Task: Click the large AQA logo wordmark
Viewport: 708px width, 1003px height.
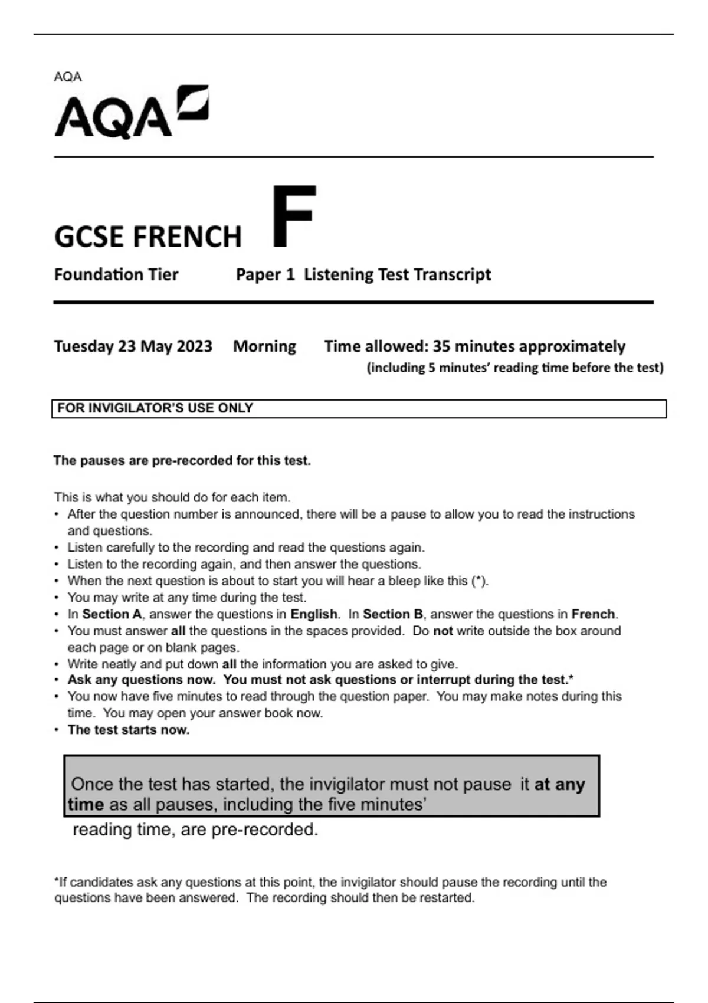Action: click(x=113, y=117)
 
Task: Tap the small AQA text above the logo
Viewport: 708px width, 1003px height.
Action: click(x=68, y=77)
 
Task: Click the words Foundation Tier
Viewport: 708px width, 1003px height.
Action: click(x=116, y=274)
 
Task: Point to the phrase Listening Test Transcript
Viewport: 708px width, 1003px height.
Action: click(x=397, y=274)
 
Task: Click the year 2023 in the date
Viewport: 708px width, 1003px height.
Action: click(x=194, y=346)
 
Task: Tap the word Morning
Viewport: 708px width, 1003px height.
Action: click(x=264, y=346)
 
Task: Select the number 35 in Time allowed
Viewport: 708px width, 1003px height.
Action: click(x=441, y=346)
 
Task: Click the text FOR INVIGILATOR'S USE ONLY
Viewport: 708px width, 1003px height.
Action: click(x=155, y=408)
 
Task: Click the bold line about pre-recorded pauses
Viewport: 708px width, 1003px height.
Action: click(x=182, y=460)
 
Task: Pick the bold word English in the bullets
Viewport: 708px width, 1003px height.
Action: click(x=314, y=614)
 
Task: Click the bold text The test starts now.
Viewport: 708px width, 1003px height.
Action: click(x=129, y=730)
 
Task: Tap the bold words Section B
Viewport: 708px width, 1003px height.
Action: click(x=392, y=614)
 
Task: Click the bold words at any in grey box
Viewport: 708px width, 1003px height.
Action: click(x=559, y=784)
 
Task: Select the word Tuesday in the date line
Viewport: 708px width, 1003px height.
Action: click(x=83, y=346)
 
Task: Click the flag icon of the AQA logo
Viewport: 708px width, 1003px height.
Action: click(x=194, y=103)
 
